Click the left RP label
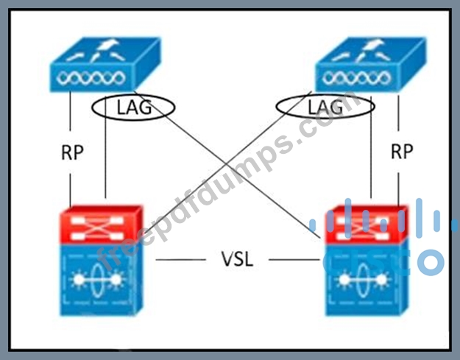pos(72,152)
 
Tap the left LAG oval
pos(135,107)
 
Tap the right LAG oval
pos(325,107)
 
